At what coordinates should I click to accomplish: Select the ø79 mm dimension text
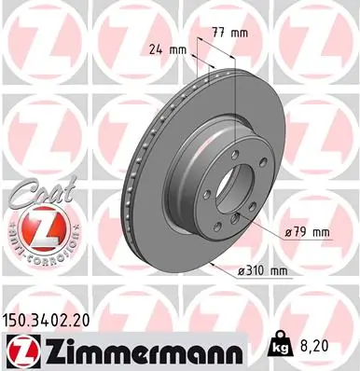point(308,230)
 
